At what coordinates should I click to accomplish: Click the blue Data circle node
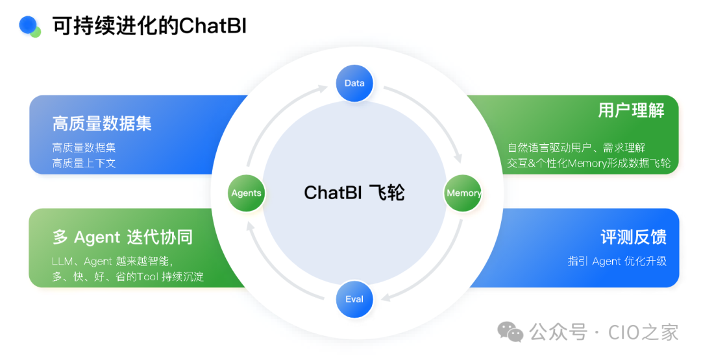point(354,83)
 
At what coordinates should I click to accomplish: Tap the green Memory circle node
point(463,193)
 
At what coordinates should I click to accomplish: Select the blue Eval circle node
point(354,299)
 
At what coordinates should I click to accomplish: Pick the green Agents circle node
point(247,193)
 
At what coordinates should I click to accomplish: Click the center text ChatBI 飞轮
point(354,193)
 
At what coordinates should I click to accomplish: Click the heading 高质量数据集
point(102,123)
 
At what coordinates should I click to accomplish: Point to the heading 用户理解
point(631,111)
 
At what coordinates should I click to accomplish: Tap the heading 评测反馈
point(633,237)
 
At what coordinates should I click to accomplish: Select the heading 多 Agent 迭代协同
point(122,237)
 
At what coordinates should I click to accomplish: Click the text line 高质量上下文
point(84,163)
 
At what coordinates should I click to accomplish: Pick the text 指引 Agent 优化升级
point(617,261)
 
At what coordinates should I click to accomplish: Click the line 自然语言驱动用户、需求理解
point(576,148)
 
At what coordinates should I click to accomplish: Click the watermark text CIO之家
point(643,332)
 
